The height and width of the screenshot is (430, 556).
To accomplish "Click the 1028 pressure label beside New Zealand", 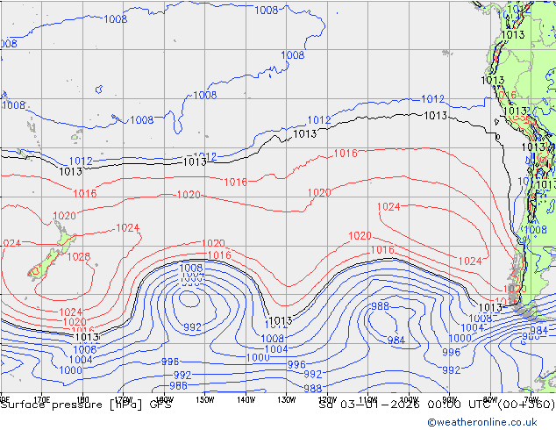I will click(79, 257).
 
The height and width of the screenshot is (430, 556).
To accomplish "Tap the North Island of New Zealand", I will click(61, 238).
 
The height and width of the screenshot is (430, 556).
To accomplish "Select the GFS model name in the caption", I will click(160, 405).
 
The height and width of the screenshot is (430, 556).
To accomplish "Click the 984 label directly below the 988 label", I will click(396, 340).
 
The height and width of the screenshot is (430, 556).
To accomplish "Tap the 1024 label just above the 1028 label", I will click(128, 228).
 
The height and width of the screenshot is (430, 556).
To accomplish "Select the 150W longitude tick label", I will click(204, 399).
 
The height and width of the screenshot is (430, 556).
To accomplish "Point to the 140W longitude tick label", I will click(246, 399).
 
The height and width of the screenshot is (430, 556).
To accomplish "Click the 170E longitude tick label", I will click(40, 399).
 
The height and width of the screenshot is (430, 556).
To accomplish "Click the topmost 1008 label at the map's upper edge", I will click(267, 11).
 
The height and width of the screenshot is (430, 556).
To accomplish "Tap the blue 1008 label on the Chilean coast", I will click(534, 230).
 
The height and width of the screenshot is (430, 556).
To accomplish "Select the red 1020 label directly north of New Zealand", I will click(64, 216).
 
